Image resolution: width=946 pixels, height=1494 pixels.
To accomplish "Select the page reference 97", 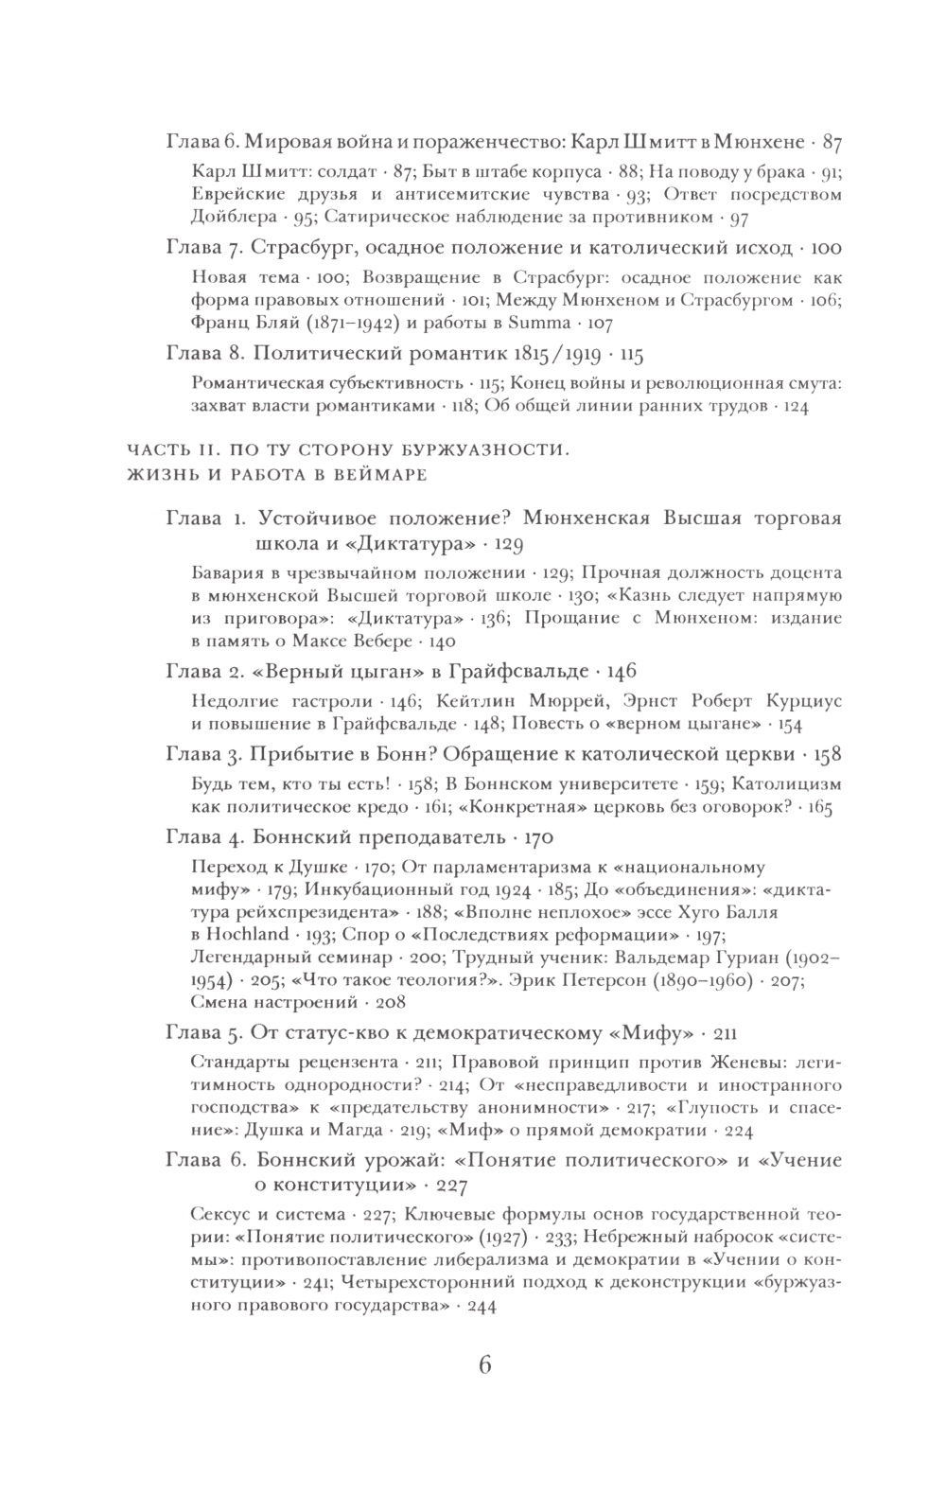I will [x=738, y=217].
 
